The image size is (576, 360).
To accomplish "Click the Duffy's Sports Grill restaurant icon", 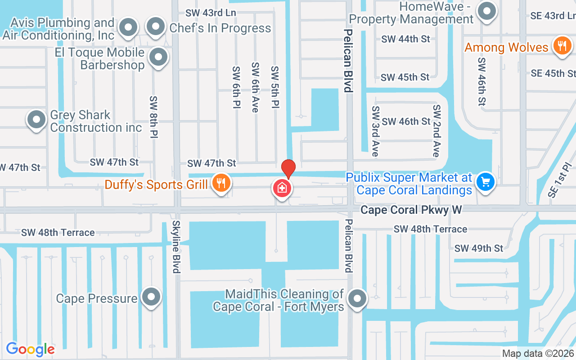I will [220, 183].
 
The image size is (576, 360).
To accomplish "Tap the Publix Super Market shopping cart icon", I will [485, 182].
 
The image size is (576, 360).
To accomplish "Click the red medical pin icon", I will [282, 188].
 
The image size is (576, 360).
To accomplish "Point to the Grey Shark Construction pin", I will [36, 120].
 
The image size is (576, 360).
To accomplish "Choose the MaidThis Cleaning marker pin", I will [358, 297].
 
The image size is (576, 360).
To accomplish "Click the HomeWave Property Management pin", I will [486, 11].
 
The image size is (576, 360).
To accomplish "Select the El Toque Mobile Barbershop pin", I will [158, 57].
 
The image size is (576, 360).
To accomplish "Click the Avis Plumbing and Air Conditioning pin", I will [128, 27].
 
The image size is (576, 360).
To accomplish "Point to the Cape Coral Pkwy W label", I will [411, 210].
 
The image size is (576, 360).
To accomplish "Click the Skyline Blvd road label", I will [175, 247].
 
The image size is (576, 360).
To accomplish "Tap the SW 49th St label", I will [479, 248].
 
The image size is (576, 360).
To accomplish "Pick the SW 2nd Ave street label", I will [436, 131].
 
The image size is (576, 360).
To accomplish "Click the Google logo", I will [30, 349].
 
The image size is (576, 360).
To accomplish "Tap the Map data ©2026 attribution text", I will [538, 354].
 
